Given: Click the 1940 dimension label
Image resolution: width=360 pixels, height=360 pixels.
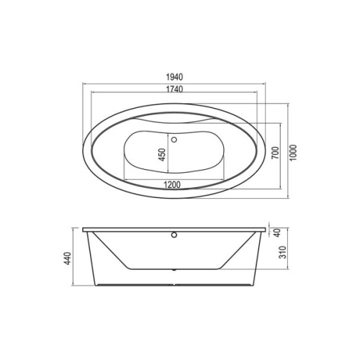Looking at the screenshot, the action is tap(174, 77).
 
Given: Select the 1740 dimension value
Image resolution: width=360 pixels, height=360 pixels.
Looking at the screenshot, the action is tap(174, 89).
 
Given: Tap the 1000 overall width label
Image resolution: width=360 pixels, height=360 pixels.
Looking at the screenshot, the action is tap(293, 153).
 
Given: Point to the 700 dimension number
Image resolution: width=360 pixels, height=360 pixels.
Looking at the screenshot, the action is tap(276, 153).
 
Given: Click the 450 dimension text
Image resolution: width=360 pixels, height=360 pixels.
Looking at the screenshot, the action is tap(163, 155).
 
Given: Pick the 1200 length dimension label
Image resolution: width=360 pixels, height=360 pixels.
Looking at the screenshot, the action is tap(172, 184).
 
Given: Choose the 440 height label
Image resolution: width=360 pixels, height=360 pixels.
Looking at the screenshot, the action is tap(68, 258).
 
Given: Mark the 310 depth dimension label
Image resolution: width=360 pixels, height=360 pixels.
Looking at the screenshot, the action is tap(284, 252).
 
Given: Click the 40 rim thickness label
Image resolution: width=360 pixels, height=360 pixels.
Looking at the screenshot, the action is tap(277, 233).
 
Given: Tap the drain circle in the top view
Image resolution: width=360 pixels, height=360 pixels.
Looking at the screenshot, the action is tap(174, 139).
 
